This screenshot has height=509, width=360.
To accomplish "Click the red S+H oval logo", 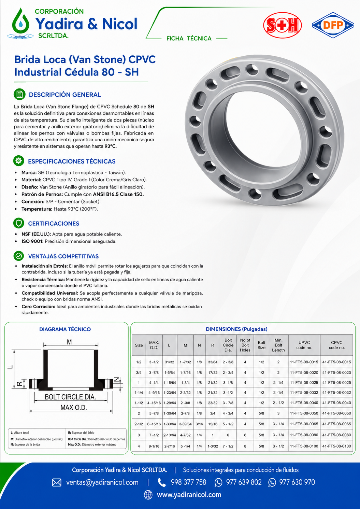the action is click(x=282, y=25).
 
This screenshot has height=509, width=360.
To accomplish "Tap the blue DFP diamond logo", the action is click(x=333, y=25).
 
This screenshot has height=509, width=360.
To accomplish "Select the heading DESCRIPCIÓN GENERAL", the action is click(x=65, y=95).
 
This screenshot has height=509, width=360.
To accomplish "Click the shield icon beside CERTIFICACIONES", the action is click(x=19, y=223).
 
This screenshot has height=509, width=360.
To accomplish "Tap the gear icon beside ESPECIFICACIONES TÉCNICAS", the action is click(x=19, y=161).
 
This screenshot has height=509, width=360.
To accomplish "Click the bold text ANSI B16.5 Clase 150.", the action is click(x=118, y=194).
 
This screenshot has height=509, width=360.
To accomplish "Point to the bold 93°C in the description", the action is click(x=110, y=146).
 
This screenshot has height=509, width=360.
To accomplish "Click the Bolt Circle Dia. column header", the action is click(x=228, y=345).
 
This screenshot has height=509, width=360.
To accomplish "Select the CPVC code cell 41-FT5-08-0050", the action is click(x=336, y=413).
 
